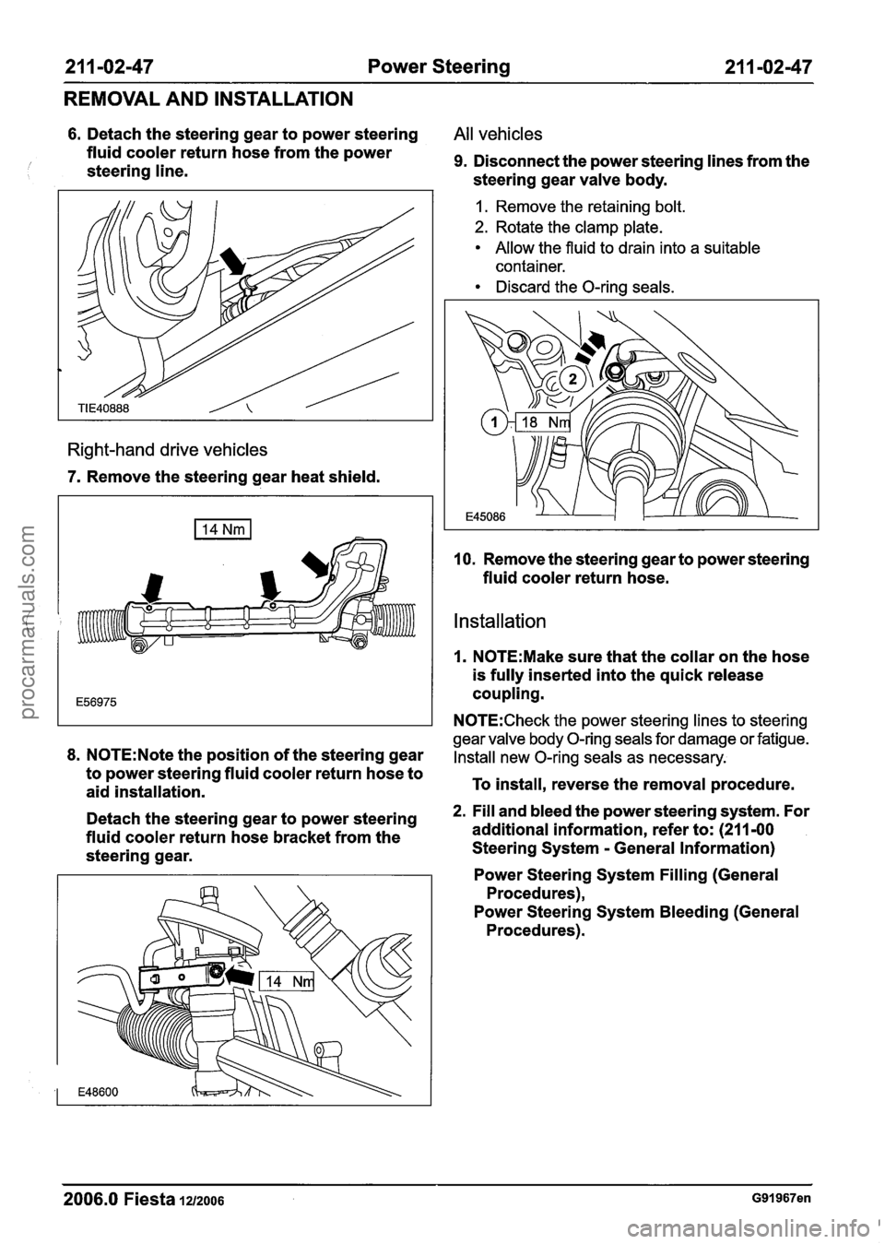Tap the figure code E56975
[x=96, y=703]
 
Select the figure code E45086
[x=487, y=517]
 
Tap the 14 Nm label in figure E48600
[x=287, y=981]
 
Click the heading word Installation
[x=500, y=621]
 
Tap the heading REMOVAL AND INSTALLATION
[x=208, y=99]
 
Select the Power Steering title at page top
[x=439, y=68]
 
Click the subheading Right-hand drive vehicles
[x=166, y=449]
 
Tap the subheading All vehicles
[x=498, y=134]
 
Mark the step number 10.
[x=464, y=560]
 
